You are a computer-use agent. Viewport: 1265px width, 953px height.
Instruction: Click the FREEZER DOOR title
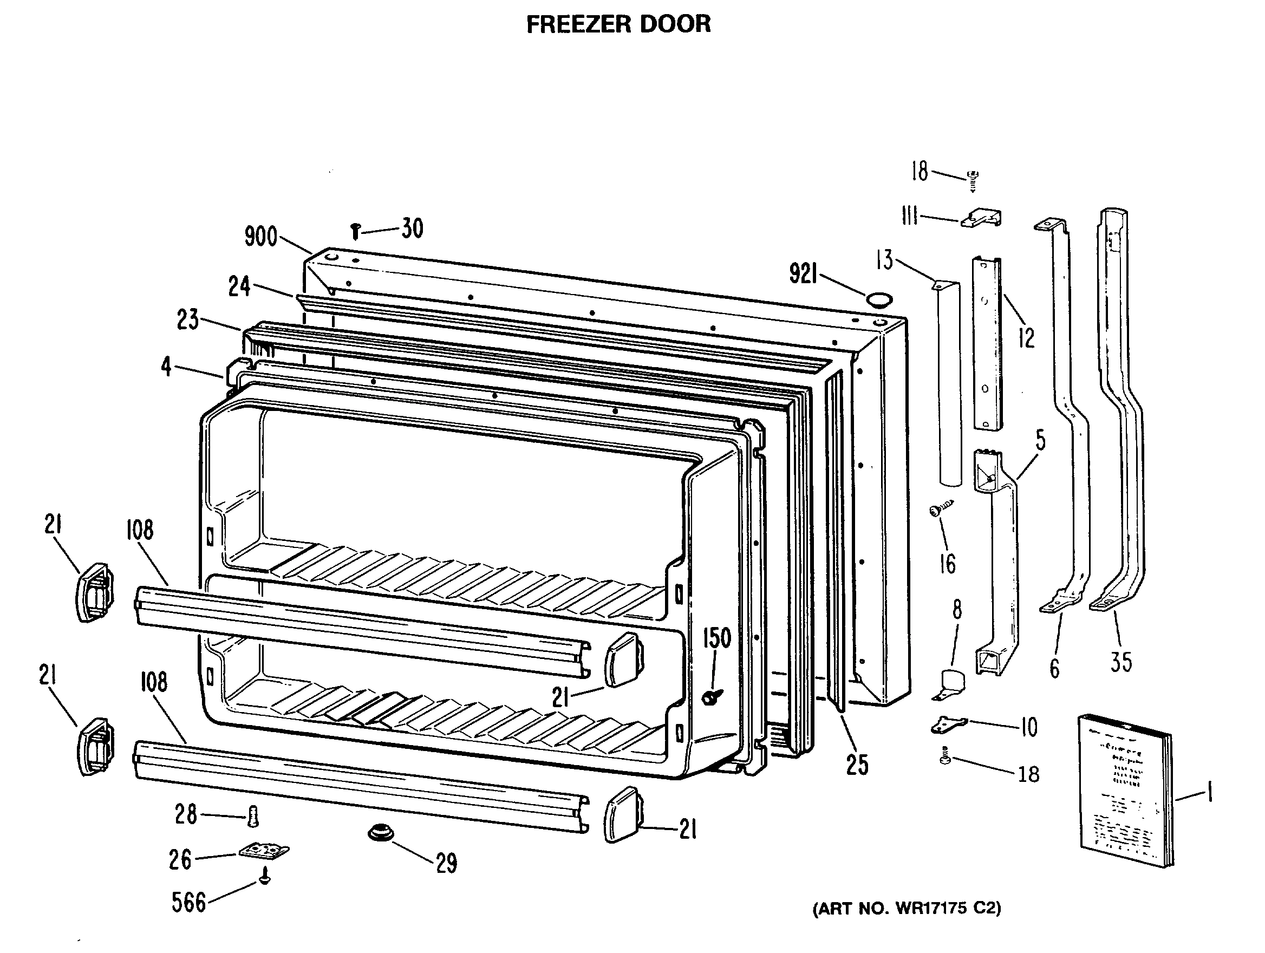pyautogui.click(x=618, y=24)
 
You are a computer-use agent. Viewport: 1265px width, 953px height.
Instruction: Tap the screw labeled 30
pyautogui.click(x=355, y=232)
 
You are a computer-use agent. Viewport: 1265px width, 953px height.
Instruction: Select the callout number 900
pyautogui.click(x=261, y=236)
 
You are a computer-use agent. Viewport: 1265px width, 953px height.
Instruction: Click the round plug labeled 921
pyautogui.click(x=879, y=299)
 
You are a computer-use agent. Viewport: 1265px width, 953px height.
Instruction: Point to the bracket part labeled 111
pyautogui.click(x=981, y=219)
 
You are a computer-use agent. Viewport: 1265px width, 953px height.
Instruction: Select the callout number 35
pyautogui.click(x=1121, y=662)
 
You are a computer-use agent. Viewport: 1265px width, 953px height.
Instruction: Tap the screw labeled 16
pyautogui.click(x=941, y=508)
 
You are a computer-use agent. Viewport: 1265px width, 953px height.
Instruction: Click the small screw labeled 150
pyautogui.click(x=712, y=697)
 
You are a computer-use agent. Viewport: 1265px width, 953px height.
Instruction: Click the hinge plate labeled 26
pyautogui.click(x=264, y=851)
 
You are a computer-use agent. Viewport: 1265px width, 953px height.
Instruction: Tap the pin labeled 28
pyautogui.click(x=253, y=817)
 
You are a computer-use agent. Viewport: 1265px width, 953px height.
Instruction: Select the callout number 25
pyautogui.click(x=857, y=765)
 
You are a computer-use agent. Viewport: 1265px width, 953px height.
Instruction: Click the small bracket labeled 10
pyautogui.click(x=948, y=725)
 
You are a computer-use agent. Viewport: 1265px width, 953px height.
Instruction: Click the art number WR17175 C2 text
pyautogui.click(x=907, y=908)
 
